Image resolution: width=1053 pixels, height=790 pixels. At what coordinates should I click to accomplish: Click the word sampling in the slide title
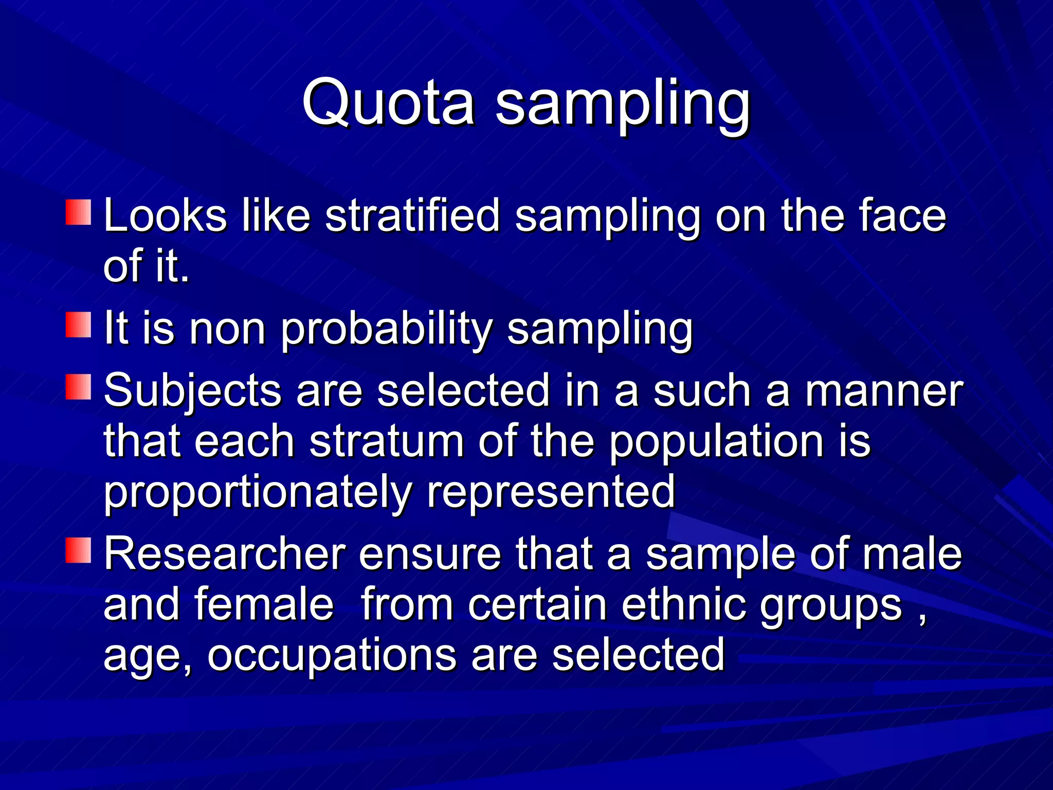coord(623,105)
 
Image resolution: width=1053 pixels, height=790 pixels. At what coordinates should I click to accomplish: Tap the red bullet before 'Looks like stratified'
coord(78,212)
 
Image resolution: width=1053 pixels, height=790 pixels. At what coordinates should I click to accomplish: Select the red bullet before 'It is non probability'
coord(78,325)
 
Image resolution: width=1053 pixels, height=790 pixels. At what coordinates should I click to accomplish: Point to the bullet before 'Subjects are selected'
coord(78,387)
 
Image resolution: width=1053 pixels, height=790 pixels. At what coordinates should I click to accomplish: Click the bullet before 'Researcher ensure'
coord(78,550)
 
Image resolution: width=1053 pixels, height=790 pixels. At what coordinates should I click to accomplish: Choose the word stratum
coord(387,441)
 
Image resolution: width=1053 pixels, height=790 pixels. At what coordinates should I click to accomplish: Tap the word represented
coord(551,492)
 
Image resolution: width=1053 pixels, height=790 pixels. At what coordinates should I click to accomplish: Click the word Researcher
coord(225,554)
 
